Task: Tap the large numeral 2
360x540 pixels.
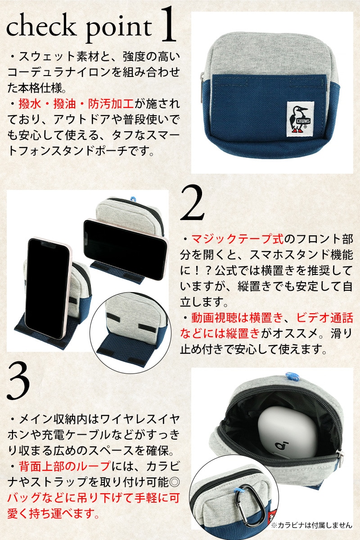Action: pyautogui.click(x=192, y=203)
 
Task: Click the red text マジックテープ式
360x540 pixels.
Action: pyautogui.click(x=237, y=239)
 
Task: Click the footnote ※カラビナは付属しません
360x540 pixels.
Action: pyautogui.click(x=312, y=525)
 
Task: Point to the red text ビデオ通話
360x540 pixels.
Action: pyautogui.click(x=324, y=318)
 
